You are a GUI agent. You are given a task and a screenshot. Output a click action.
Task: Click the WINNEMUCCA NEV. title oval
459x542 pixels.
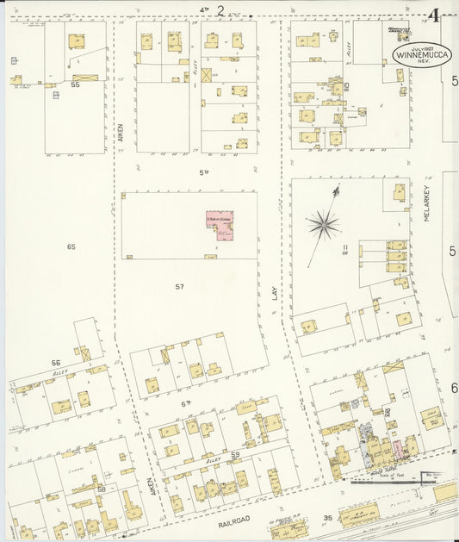click(x=418, y=53)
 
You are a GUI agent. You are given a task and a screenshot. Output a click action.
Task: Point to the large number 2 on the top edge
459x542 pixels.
click(x=220, y=10)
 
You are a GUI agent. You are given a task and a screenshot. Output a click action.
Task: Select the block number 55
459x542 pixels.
click(x=76, y=85)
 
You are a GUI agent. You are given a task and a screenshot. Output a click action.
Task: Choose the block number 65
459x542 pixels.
click(x=71, y=246)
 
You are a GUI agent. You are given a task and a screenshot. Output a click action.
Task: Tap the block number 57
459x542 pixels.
click(x=179, y=286)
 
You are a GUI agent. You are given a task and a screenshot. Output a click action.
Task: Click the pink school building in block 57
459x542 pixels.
click(x=220, y=225)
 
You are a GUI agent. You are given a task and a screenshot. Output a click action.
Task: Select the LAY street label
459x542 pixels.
click(x=276, y=293)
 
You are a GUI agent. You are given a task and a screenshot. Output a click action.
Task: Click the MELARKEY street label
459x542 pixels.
click(x=426, y=208)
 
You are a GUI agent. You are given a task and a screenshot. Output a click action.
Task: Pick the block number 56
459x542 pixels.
click(x=56, y=363)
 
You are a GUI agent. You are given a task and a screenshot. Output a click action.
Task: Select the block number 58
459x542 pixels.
click(x=102, y=489)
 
